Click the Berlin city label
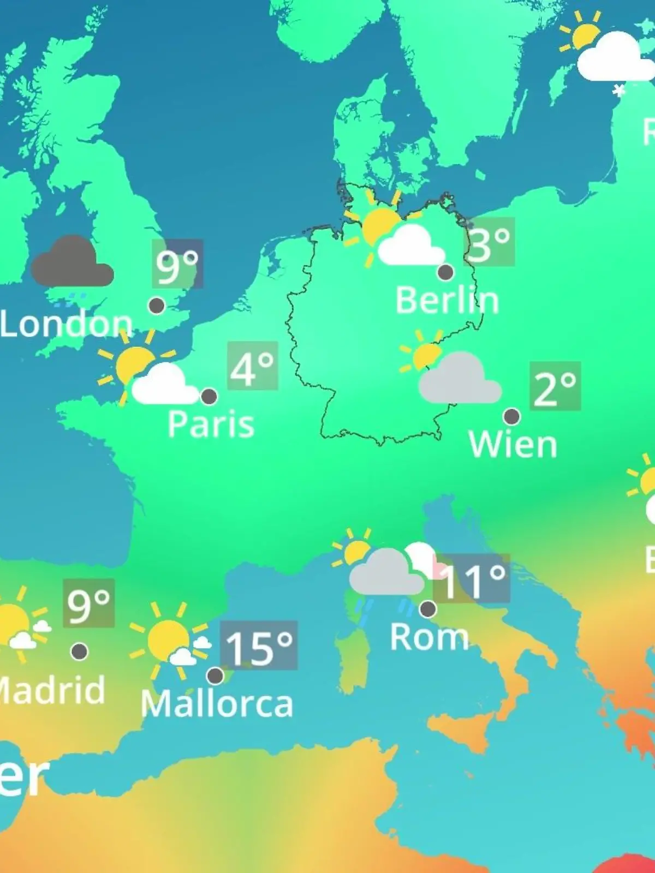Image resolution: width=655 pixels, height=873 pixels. pos(447,301)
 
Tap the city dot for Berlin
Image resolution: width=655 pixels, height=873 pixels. pos(445,272)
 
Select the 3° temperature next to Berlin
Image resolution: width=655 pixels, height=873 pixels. pos(490,242)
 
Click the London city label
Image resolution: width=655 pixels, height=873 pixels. pos(66,324)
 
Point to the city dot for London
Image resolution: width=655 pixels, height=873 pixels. pos(157,306)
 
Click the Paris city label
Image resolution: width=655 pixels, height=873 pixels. pos(211,424)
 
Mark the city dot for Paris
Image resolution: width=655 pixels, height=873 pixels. pos(209,396)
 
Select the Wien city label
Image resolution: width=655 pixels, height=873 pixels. pos(513,445)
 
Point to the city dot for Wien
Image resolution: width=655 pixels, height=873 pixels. pos(511,416)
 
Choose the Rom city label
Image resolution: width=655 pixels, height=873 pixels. pos(430,637)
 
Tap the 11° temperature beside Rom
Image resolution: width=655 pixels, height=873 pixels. pos(472,579)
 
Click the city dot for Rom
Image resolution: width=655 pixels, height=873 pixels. pos(427,608)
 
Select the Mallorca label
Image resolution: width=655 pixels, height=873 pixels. pos(217,704)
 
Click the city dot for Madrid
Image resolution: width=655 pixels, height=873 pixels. pos(80,651)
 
